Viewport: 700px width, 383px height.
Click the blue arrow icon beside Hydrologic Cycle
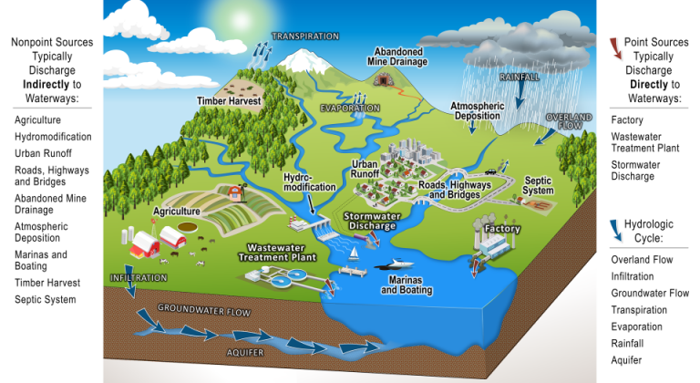point(616,227)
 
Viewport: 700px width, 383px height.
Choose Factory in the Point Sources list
point(627,120)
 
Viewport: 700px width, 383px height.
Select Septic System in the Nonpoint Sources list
point(45,299)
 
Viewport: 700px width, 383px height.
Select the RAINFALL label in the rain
point(520,77)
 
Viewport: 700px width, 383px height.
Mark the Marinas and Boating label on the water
point(406,286)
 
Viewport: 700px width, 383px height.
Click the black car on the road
point(491,171)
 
